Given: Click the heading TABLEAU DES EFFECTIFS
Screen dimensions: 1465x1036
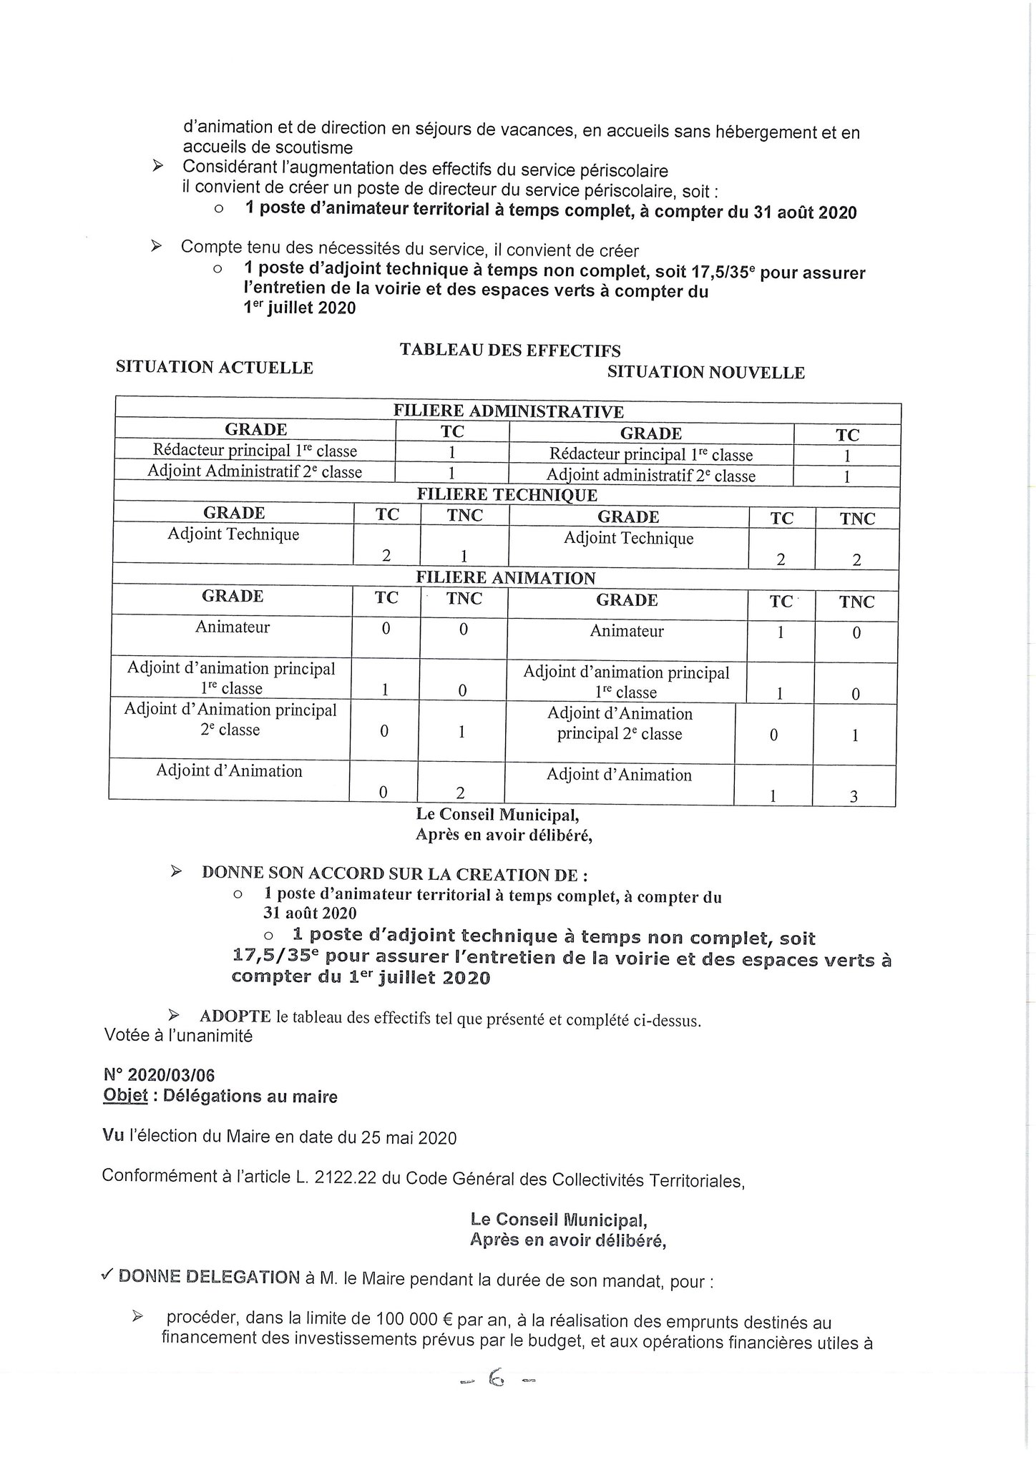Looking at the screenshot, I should [x=509, y=350].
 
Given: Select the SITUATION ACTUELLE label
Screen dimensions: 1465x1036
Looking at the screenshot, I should [x=214, y=368].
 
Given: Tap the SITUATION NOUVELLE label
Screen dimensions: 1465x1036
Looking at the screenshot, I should [x=705, y=373].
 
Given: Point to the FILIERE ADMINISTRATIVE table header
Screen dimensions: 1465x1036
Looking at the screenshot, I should [x=508, y=411].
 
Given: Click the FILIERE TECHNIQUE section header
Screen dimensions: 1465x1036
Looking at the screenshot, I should [x=507, y=495].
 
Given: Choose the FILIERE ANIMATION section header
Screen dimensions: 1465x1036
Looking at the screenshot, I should [x=506, y=578].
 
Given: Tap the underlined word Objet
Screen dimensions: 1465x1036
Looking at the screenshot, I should [x=125, y=1097].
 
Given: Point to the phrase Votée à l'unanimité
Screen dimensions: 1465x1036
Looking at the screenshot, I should [x=178, y=1036].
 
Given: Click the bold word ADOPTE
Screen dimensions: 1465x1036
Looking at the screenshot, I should [x=235, y=1016].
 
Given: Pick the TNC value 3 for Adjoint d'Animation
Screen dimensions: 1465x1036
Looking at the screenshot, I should [x=853, y=795].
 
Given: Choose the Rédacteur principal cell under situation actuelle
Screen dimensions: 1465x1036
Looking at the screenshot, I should [x=255, y=451].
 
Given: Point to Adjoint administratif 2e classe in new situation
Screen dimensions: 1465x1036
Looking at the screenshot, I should [x=650, y=476].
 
